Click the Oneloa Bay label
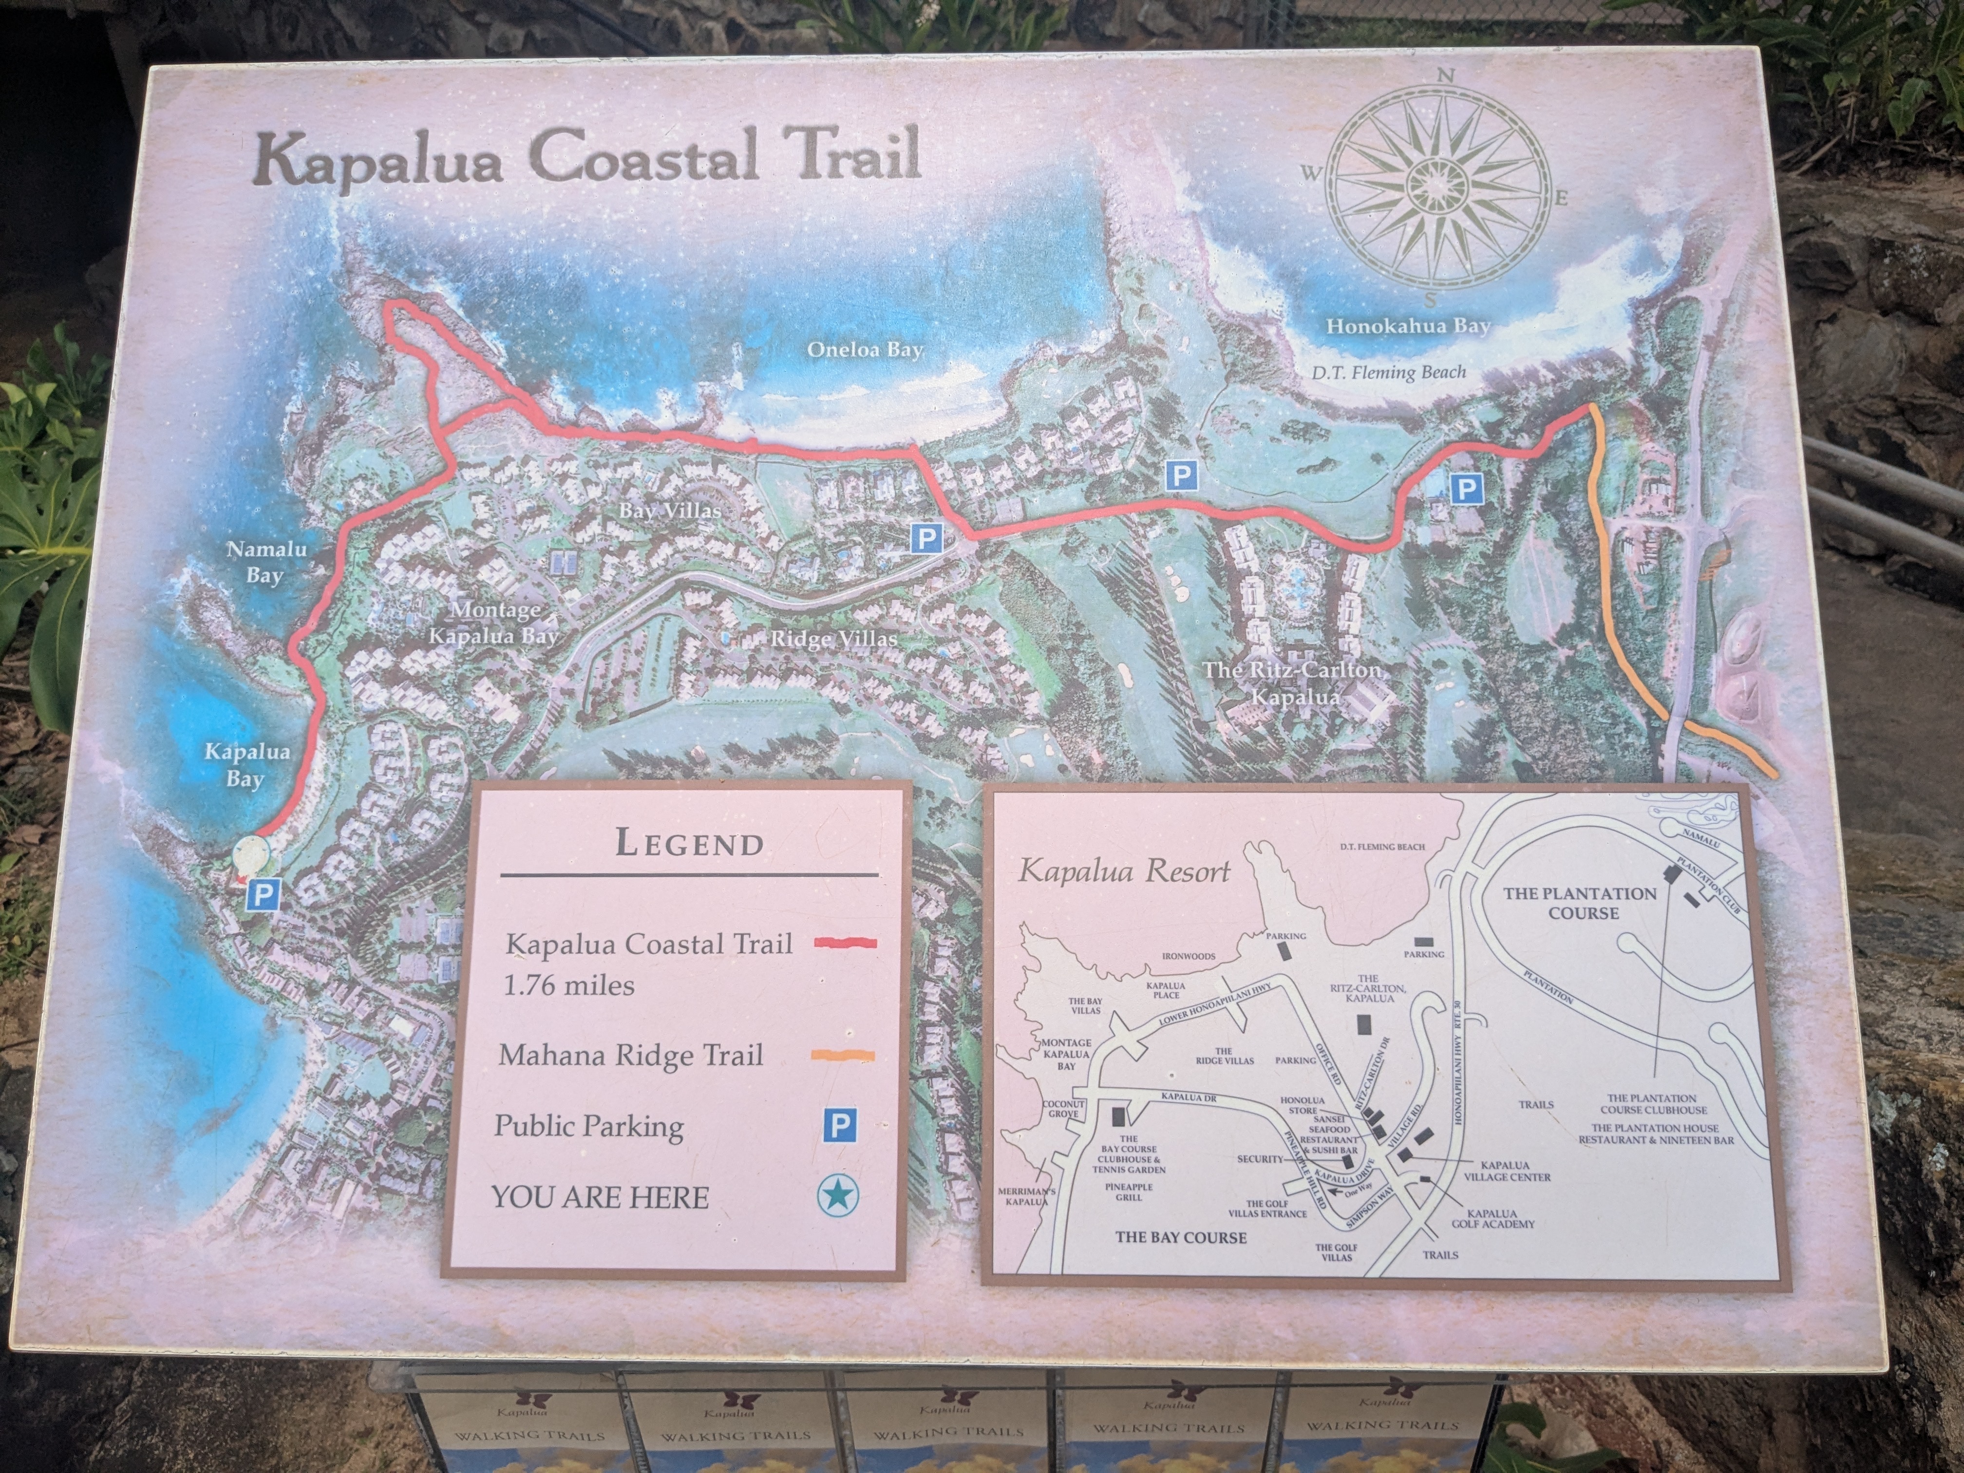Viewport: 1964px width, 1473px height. (x=865, y=350)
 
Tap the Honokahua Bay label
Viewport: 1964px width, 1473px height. (x=1407, y=326)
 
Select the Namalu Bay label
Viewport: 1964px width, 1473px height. (x=265, y=561)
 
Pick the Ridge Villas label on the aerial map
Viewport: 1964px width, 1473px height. (x=833, y=639)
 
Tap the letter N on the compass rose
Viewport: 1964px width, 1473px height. (x=1445, y=76)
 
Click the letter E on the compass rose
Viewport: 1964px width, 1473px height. (x=1560, y=198)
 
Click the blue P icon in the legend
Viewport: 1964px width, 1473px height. (x=839, y=1126)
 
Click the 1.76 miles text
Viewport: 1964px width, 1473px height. (x=568, y=984)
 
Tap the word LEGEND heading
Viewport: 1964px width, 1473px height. (x=689, y=843)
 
